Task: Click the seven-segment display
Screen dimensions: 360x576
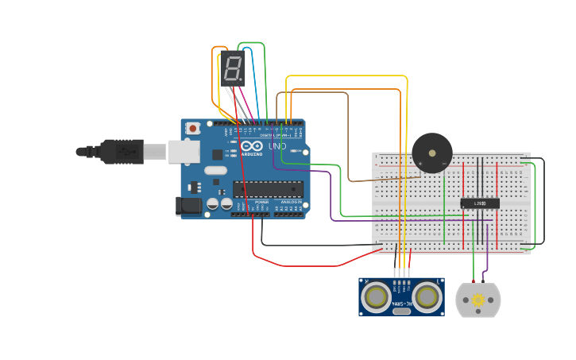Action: click(x=232, y=68)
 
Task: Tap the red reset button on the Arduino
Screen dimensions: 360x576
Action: click(x=193, y=128)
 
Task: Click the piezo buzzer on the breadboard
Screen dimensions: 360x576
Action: click(x=431, y=153)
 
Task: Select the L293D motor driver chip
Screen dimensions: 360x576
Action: click(x=480, y=203)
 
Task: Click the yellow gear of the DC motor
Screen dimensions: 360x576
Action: click(x=478, y=300)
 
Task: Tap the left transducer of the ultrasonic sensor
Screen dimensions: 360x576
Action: click(x=375, y=297)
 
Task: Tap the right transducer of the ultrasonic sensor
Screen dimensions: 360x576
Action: click(x=427, y=297)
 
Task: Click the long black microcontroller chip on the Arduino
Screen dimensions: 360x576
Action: click(x=268, y=188)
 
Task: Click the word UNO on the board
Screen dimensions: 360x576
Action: click(x=277, y=146)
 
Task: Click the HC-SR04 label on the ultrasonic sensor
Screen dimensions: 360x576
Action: click(x=401, y=304)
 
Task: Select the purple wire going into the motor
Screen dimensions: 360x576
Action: click(x=486, y=262)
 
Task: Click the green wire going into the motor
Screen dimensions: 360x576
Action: click(x=474, y=262)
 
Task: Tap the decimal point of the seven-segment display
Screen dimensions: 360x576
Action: click(x=241, y=81)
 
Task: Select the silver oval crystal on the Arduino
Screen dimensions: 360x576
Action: click(x=215, y=170)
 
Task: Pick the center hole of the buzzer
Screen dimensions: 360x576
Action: click(x=431, y=152)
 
